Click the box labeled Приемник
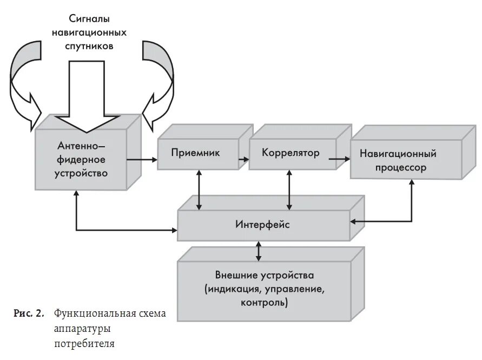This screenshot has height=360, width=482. [195, 153]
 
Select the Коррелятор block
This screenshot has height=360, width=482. [290, 153]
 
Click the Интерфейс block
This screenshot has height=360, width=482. [262, 224]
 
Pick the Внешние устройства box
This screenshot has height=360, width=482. [264, 289]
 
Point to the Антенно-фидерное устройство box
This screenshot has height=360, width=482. [81, 160]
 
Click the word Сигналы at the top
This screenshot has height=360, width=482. [89, 19]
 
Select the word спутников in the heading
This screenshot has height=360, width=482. [89, 47]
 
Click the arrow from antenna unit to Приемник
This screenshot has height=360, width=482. [141, 160]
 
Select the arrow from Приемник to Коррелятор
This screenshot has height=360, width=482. [243, 159]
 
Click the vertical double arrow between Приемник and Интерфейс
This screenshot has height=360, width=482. [200, 189]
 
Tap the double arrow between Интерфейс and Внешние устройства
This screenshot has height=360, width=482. [259, 251]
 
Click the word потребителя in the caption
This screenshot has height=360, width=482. [84, 344]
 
